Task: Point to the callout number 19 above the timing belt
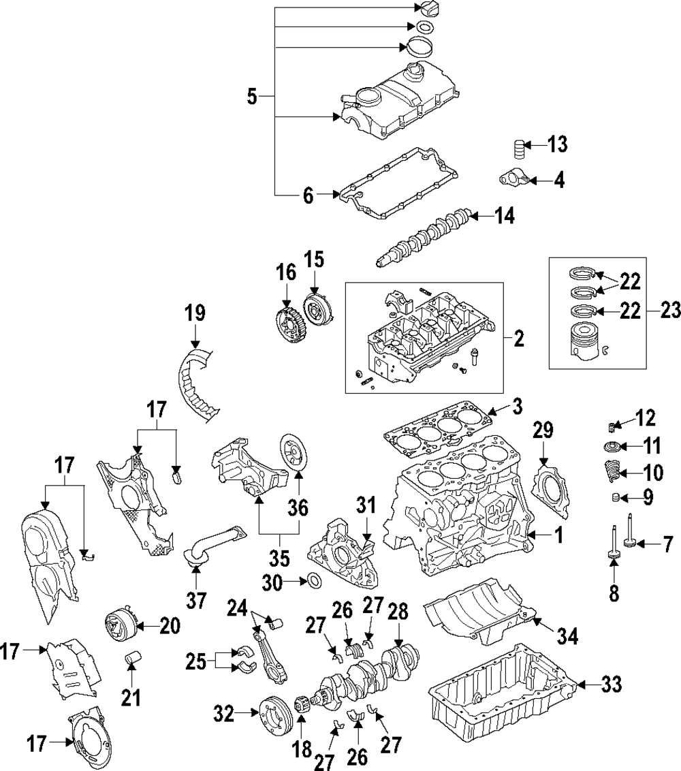click(x=195, y=315)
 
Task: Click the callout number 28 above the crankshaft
click(x=397, y=610)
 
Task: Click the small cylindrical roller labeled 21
click(x=132, y=659)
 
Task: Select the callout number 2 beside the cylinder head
click(x=519, y=337)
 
